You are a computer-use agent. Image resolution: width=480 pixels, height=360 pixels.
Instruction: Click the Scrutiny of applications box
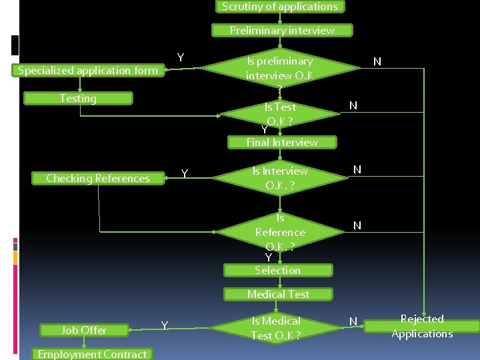click(x=279, y=7)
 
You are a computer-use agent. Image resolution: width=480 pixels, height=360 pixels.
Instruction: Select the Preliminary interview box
click(x=282, y=30)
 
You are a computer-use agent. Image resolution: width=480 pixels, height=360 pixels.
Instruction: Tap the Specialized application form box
click(x=88, y=70)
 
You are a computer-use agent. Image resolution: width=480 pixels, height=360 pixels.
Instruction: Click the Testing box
click(x=78, y=99)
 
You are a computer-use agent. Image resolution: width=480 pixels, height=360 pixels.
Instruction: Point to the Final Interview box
click(x=282, y=142)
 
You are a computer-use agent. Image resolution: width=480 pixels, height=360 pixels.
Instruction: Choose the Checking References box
click(x=97, y=178)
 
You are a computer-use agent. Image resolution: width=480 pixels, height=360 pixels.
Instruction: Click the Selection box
click(x=277, y=270)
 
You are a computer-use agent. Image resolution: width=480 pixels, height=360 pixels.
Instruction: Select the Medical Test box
click(x=278, y=294)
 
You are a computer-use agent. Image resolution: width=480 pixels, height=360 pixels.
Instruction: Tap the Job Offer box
click(x=84, y=330)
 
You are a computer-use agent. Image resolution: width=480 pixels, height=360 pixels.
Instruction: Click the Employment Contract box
click(x=92, y=354)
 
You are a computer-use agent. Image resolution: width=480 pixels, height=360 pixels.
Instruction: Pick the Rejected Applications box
click(x=422, y=327)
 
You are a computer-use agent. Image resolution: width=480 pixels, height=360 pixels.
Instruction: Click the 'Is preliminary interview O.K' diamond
click(x=280, y=68)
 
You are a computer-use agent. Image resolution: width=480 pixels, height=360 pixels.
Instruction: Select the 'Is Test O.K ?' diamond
click(x=280, y=114)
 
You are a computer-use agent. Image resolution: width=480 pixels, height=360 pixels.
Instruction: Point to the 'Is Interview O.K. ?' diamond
click(x=280, y=178)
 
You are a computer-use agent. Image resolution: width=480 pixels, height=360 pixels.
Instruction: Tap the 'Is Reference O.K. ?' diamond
click(x=280, y=232)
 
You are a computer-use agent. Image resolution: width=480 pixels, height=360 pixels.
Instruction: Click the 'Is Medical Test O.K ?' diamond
click(x=276, y=328)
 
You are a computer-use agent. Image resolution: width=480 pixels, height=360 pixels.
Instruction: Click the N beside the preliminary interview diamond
click(x=377, y=62)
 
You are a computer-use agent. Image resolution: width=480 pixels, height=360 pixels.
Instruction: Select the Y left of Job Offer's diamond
click(x=164, y=325)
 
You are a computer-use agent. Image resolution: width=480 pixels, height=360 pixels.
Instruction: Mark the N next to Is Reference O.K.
click(x=357, y=226)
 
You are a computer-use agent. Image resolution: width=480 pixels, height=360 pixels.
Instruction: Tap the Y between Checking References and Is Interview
click(x=185, y=174)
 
